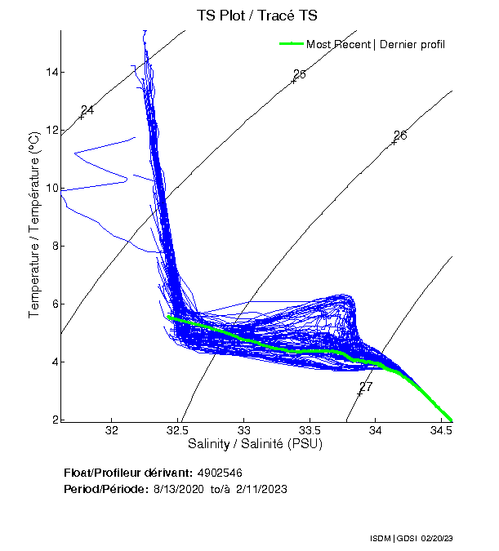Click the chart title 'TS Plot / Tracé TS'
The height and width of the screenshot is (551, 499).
(257, 16)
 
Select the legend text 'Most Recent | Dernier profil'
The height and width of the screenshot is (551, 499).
(376, 44)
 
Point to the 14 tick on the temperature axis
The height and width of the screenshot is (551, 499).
(52, 72)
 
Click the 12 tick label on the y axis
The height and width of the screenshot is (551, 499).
(52, 130)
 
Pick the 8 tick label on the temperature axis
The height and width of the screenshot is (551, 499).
(55, 246)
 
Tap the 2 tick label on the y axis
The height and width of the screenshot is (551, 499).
(55, 420)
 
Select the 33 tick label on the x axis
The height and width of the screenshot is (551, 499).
(244, 430)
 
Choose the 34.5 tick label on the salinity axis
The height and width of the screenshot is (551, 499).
(441, 430)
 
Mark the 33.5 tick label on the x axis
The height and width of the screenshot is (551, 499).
(310, 430)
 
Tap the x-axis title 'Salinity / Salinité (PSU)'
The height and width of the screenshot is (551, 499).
(256, 445)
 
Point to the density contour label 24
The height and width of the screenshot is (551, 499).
(87, 110)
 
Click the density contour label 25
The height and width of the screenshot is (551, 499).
(299, 74)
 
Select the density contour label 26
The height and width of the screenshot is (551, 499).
(400, 136)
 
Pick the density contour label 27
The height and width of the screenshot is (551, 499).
(366, 386)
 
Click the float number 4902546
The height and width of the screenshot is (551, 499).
(220, 473)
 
